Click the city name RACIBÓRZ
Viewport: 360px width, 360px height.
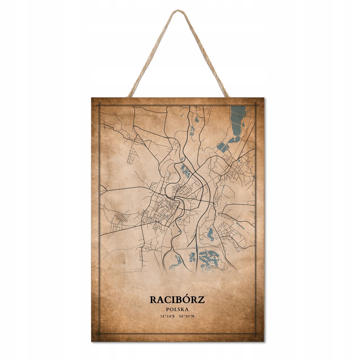[x=177, y=300]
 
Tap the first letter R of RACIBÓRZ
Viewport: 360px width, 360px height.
[x=153, y=300]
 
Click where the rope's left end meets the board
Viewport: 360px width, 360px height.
[x=130, y=96]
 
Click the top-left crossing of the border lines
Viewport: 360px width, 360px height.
[x=99, y=105]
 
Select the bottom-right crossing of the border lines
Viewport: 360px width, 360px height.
[x=256, y=334]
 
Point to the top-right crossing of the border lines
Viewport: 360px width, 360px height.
[x=256, y=105]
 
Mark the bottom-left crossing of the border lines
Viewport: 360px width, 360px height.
[x=99, y=334]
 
